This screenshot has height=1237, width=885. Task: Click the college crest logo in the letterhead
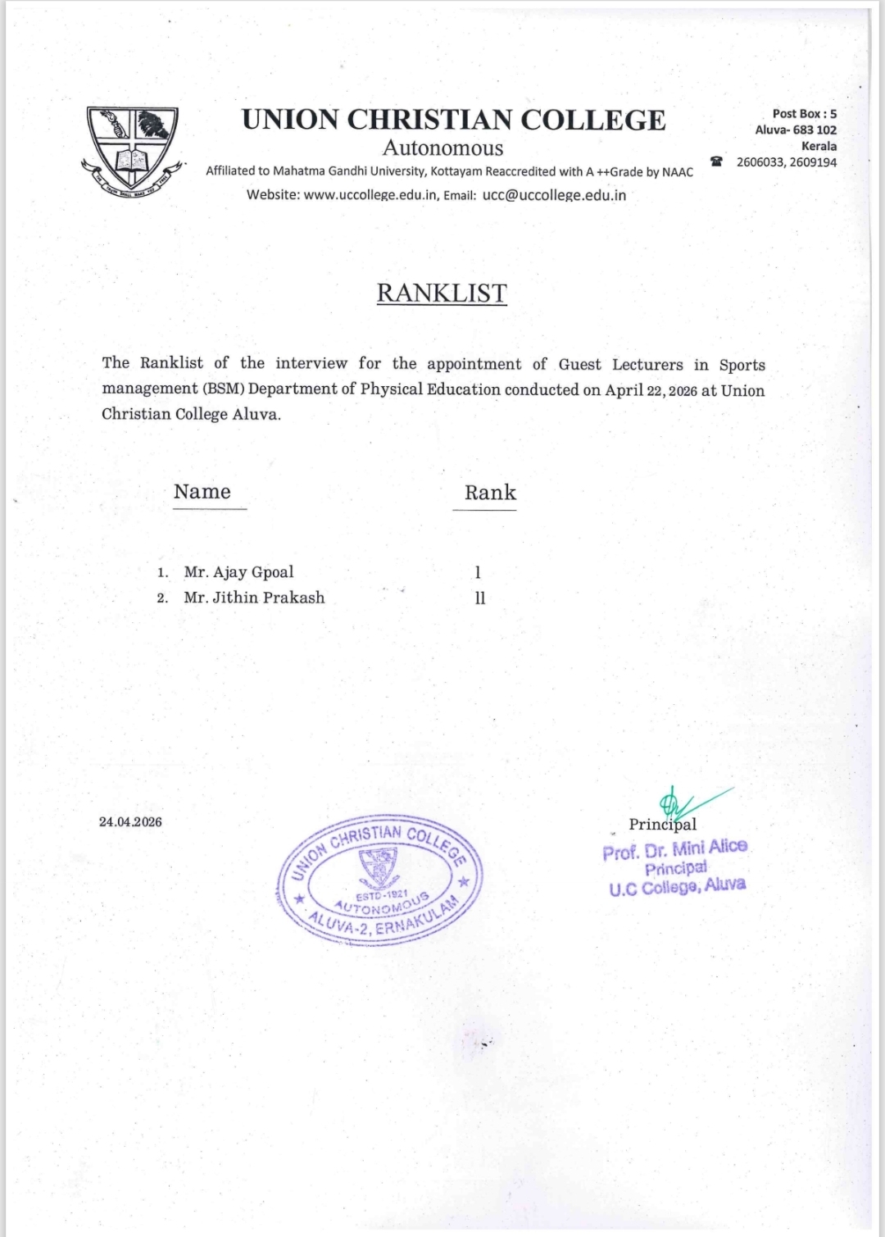[132, 151]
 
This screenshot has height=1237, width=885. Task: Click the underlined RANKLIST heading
[442, 293]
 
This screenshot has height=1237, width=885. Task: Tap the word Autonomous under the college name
[442, 148]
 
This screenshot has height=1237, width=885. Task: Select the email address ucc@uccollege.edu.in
[554, 195]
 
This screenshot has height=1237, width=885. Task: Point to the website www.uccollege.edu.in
[370, 195]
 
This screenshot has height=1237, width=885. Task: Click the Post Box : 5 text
[804, 114]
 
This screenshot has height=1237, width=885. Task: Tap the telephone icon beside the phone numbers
[717, 161]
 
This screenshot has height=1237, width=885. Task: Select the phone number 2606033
[760, 162]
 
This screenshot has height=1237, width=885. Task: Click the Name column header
[202, 492]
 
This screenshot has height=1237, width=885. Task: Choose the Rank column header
[490, 493]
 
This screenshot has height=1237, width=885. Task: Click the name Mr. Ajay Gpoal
[238, 572]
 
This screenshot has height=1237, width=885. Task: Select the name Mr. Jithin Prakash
[254, 598]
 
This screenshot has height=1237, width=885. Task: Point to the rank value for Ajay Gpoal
[478, 572]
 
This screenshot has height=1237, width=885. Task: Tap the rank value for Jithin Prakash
[480, 598]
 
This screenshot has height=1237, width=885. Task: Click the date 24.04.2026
[130, 821]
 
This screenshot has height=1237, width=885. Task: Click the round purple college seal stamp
[379, 879]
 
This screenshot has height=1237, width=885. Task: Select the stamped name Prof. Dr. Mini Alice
[675, 849]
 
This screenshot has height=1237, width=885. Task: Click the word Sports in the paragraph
[742, 365]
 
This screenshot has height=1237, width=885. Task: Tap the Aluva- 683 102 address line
[796, 130]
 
